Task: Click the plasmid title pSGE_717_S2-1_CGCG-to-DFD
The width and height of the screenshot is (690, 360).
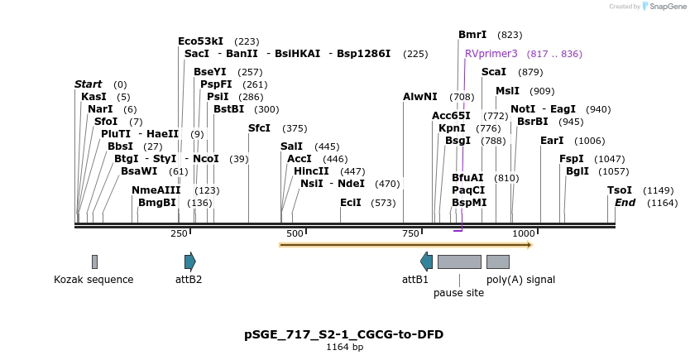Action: tap(343, 334)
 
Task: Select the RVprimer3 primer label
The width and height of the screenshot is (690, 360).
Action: tap(491, 53)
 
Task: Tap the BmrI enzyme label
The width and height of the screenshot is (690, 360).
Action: tap(472, 35)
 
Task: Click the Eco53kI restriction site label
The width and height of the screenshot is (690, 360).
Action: tap(200, 41)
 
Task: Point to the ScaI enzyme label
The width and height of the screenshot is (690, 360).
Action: tap(493, 72)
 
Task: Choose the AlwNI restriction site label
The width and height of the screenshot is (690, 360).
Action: tap(419, 97)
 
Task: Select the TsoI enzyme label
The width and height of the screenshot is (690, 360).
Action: tap(620, 190)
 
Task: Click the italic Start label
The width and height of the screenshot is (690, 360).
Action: tap(88, 84)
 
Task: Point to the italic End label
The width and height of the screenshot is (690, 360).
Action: tap(625, 203)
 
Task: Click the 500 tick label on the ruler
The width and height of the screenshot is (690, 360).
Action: tap(295, 234)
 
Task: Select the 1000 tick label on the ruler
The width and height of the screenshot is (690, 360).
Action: tap(524, 234)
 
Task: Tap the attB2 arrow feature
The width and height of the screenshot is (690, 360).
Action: tap(190, 262)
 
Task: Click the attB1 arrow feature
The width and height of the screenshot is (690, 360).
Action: tap(426, 262)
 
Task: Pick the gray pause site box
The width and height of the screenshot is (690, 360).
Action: tap(459, 262)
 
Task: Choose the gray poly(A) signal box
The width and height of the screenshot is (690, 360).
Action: tap(497, 262)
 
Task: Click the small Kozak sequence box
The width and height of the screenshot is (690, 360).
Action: tap(94, 262)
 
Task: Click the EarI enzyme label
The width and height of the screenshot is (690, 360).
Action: tap(552, 141)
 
